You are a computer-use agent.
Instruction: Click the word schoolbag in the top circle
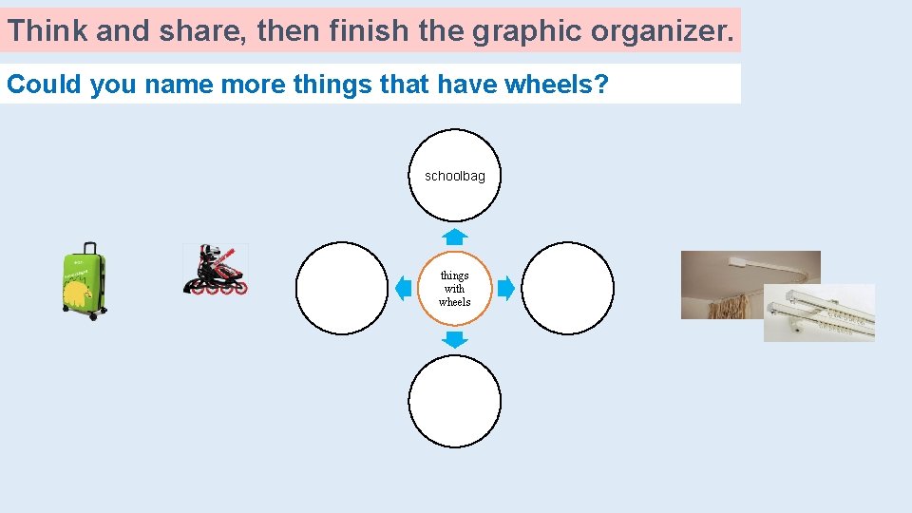(454, 176)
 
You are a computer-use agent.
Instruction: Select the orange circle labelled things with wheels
(454, 288)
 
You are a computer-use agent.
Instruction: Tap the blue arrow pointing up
(454, 237)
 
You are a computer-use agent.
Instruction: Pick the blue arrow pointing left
(403, 287)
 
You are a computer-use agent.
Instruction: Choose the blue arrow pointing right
(506, 287)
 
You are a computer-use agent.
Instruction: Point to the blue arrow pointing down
(454, 339)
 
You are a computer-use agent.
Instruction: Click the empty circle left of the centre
(342, 288)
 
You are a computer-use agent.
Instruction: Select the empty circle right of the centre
(568, 288)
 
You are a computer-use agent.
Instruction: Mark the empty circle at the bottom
(454, 401)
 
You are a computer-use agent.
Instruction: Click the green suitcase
(84, 284)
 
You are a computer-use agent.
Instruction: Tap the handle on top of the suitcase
(89, 247)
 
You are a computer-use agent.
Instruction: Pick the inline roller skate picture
(215, 269)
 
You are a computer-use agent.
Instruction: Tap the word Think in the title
(47, 30)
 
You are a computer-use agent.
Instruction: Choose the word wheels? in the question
(556, 85)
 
